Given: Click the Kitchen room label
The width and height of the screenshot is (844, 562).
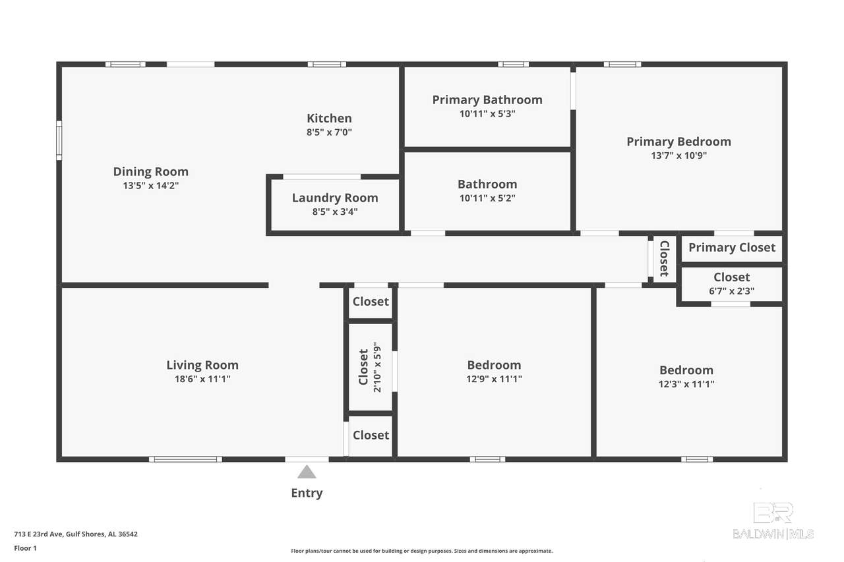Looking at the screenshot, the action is [329, 118].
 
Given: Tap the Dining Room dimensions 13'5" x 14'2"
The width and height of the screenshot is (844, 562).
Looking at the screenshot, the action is [151, 186].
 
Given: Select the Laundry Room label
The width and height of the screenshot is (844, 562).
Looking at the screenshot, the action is [335, 198].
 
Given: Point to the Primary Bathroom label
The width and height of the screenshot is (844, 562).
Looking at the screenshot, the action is [487, 99].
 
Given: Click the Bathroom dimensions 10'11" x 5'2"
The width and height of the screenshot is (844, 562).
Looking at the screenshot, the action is [487, 198].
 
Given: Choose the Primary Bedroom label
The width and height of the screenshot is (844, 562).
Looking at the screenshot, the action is [678, 142].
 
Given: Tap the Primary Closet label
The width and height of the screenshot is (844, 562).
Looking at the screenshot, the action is [732, 248].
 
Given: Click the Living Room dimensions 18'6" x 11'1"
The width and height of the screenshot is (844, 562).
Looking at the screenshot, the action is [202, 379].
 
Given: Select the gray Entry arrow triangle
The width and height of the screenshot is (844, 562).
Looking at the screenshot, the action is [307, 472].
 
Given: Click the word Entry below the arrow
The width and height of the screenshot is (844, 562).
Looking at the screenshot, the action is [307, 493].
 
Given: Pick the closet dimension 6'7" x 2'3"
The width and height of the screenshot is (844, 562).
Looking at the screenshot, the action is [731, 291].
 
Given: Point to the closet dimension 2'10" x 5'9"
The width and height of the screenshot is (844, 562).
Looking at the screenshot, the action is [377, 367].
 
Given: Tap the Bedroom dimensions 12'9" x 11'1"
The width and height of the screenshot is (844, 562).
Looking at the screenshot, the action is [494, 379].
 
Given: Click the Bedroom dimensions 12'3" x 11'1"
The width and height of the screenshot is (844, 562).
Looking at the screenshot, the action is [686, 384].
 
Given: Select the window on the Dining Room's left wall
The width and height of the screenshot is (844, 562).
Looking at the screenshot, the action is [59, 140].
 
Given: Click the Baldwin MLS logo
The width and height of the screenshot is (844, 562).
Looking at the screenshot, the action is [773, 520].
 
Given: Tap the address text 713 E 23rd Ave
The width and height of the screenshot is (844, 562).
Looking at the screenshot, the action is [38, 534].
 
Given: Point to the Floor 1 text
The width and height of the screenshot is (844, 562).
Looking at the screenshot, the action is [25, 548].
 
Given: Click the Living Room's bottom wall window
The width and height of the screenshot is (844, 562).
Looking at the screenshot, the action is [185, 459].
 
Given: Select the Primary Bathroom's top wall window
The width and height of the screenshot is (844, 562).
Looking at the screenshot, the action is [513, 65].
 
